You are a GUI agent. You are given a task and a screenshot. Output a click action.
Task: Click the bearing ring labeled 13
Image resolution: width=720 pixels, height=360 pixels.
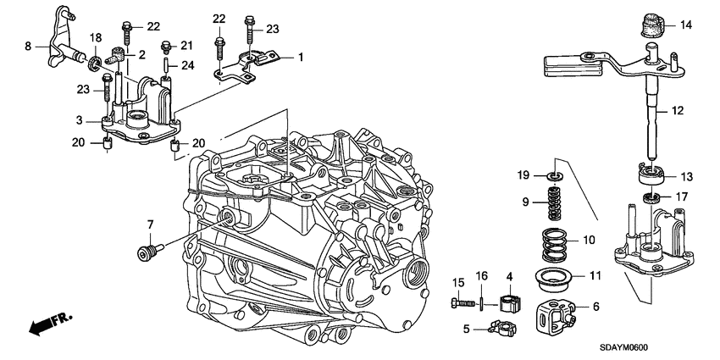(x=650, y=177)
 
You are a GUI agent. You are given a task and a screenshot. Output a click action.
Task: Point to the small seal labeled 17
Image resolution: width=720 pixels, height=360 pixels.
(x=651, y=198)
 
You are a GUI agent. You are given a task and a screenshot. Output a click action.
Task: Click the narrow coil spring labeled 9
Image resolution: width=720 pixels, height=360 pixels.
(x=551, y=204)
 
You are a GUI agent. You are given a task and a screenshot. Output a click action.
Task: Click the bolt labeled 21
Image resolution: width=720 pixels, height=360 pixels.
(x=168, y=47)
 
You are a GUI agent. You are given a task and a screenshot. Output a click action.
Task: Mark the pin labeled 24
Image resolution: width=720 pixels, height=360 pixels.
(x=168, y=66)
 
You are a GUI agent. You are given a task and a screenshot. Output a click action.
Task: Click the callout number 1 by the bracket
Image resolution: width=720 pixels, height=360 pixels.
(x=299, y=57)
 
